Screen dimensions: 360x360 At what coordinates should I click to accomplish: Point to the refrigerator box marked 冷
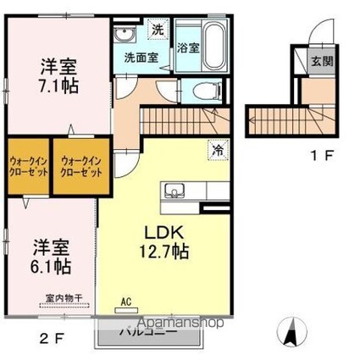217,150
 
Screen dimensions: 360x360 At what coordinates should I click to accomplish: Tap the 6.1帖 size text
52,265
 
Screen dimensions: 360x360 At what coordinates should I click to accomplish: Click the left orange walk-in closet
27,164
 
